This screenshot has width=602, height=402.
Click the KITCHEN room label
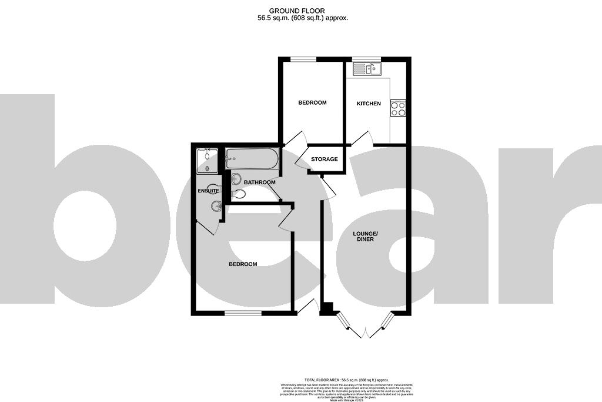(x=369, y=104)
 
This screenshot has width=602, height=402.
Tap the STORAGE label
(x=324, y=160)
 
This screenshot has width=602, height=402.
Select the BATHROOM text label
(x=260, y=182)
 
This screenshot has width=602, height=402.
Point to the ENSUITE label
(x=208, y=191)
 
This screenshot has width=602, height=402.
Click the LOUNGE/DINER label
(x=366, y=237)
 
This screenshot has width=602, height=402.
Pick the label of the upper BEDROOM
(x=312, y=103)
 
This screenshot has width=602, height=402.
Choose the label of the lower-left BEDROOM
(x=243, y=264)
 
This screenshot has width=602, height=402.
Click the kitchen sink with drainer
(x=367, y=69)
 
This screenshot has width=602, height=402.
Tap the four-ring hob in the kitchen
(x=398, y=108)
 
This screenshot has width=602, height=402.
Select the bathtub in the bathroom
(x=250, y=158)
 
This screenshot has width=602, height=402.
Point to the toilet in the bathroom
(x=239, y=194)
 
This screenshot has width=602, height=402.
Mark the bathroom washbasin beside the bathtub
(x=236, y=178)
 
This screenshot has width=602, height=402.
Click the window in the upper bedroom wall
(x=303, y=59)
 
